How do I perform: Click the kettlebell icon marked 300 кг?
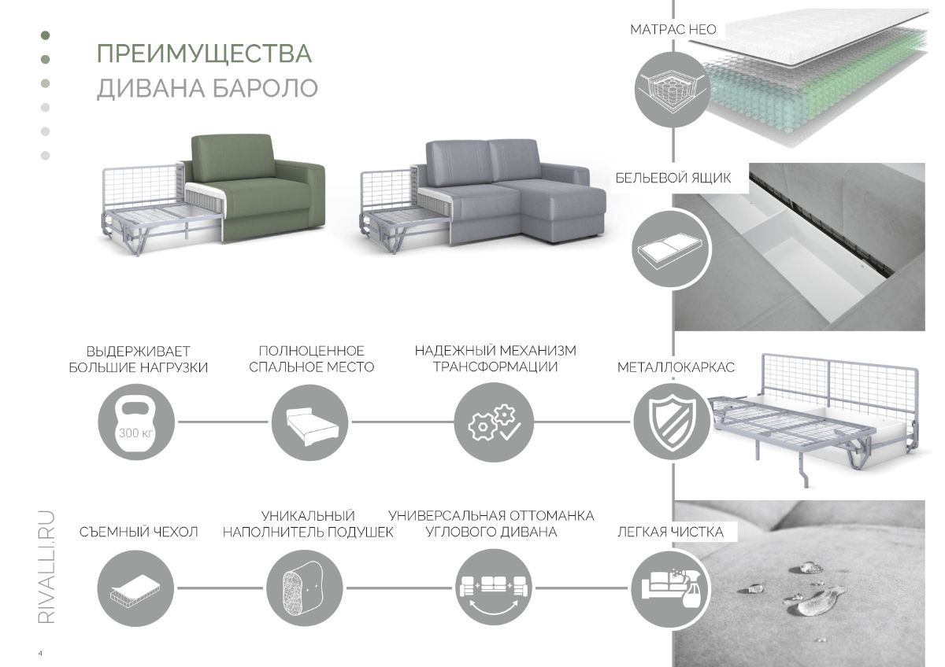coord(135,422)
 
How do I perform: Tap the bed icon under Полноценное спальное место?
coord(309,422)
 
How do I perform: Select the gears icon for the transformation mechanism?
coord(494,422)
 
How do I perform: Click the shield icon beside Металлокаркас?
coord(673,422)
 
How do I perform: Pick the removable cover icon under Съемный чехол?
coord(135,588)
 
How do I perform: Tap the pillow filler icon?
coord(305,588)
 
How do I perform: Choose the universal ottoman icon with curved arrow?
coord(494,588)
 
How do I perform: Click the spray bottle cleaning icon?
coord(671,588)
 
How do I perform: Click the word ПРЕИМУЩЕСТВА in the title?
coord(204,54)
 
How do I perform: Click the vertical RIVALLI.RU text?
coord(46,567)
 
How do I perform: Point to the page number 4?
coord(40,654)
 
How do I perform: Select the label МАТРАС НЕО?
coord(673,29)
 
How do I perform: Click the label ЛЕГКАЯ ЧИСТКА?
coord(671,532)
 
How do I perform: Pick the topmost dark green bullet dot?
coord(45,35)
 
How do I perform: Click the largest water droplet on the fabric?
coord(810,606)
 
